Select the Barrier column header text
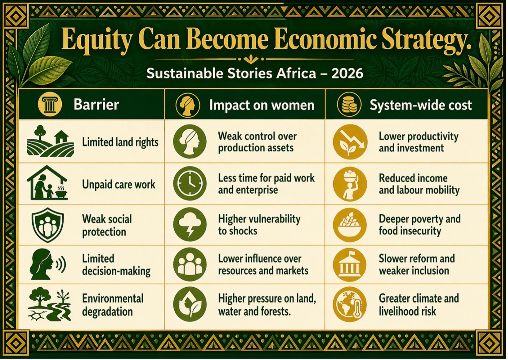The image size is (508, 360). coord(97,105)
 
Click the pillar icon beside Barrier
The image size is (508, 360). coord(50,105)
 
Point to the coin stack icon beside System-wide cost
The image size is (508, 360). coord(349,105)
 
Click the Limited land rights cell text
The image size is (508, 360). coord(120,143)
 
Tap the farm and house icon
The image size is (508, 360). coord(50,141)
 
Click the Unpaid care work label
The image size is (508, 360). coord(119,184)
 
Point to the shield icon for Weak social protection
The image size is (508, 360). coord(48,225)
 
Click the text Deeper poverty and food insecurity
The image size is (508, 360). coord(420,225)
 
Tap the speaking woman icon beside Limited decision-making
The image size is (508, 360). coord(48,264)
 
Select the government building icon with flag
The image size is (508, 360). coord(350,264)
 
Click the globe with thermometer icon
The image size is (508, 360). coord(350,305)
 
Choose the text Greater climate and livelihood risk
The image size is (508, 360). coord(419,305)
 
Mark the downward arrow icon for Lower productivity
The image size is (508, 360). coord(350,142)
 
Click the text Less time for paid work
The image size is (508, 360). coord(266,178)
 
